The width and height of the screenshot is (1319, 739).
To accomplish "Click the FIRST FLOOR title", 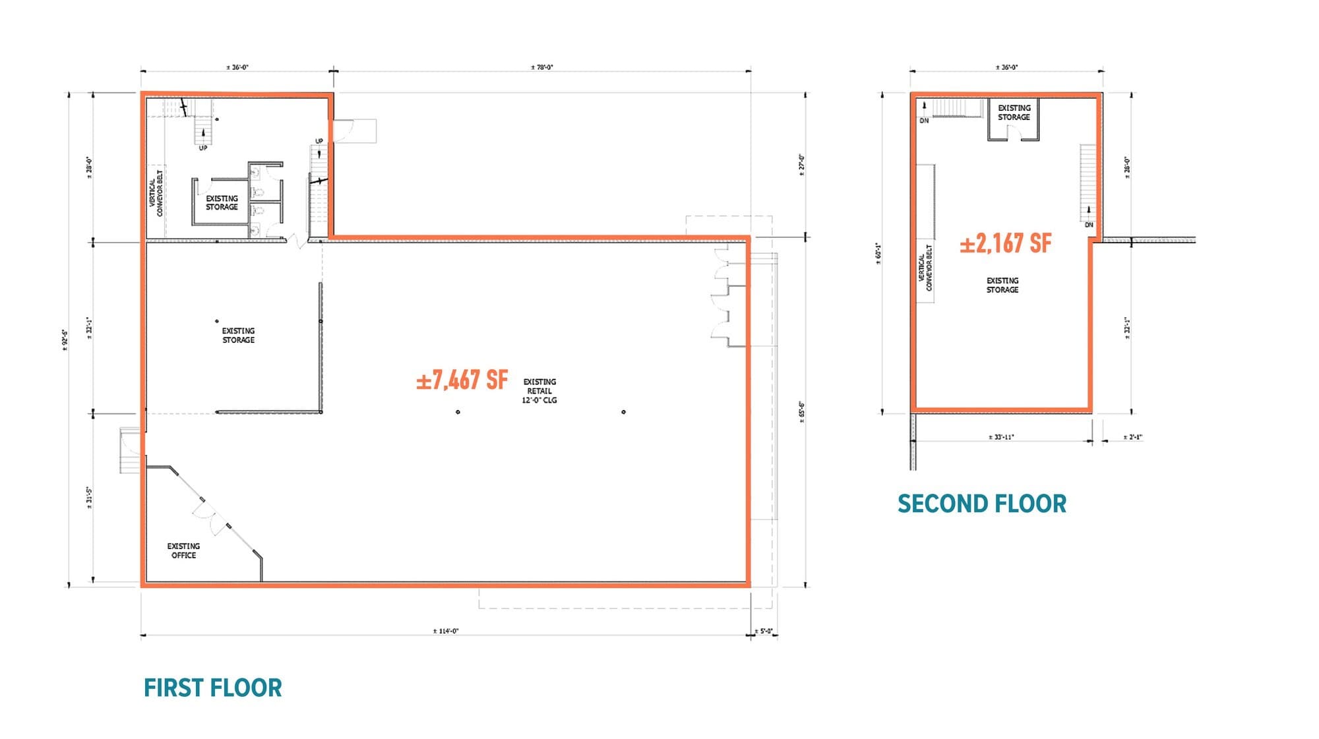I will [212, 688].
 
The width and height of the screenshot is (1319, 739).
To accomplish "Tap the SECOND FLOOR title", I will [981, 504].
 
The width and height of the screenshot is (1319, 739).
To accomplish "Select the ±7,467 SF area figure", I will [462, 380].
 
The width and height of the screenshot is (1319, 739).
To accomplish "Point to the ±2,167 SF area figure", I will [1005, 243].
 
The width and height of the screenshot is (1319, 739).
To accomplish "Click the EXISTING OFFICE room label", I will [183, 550].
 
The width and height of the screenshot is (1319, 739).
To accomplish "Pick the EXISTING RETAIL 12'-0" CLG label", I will [539, 391].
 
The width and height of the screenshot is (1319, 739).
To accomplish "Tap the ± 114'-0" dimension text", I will [445, 631].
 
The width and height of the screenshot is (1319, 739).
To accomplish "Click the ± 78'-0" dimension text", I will [541, 67].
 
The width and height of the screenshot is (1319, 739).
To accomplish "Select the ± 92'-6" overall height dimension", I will [65, 340].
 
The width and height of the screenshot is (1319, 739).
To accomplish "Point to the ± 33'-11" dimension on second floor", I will [1001, 437].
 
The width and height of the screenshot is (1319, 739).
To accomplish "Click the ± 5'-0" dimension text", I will [764, 631].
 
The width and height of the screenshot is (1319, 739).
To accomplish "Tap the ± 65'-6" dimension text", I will [802, 412].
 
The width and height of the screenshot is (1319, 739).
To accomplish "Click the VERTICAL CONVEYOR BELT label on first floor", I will [156, 193].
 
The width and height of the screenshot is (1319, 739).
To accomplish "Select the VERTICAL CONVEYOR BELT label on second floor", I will [925, 268].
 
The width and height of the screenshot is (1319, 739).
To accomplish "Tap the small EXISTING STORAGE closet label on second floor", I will [1014, 113].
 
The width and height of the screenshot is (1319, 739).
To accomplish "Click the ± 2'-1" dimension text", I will [1132, 437].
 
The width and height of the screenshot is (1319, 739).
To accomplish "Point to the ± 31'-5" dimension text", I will [89, 498].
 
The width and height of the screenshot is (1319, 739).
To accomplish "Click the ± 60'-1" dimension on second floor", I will [878, 254].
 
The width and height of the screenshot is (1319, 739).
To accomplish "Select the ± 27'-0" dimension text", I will [801, 163].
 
